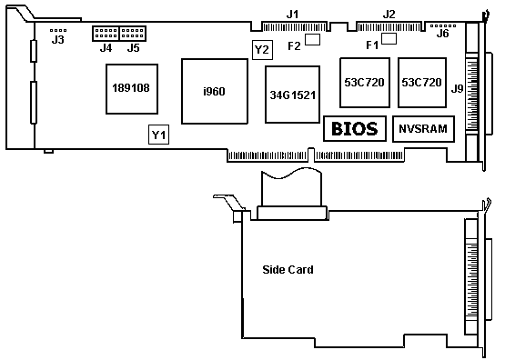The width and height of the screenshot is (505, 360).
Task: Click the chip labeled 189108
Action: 132,89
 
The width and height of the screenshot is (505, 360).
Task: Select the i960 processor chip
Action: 215,91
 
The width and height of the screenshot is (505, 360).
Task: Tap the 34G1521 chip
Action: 292,95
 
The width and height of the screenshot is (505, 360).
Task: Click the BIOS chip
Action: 355,129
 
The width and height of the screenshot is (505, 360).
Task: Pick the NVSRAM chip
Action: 423,129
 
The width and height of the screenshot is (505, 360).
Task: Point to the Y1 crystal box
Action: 158,135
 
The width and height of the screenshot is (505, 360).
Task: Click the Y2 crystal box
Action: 262,50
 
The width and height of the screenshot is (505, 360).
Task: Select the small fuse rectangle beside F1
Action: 389,38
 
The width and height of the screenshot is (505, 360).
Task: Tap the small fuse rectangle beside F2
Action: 312,40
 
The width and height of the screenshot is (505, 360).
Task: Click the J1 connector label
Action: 292,15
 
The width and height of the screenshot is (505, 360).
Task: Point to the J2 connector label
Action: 389,15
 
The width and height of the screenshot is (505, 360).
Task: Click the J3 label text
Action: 58,40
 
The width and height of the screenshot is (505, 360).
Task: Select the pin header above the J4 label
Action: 106,34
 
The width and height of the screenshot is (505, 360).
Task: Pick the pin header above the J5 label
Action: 133,34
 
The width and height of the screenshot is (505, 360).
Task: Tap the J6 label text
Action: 442,33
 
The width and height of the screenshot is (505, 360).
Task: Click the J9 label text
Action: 457,88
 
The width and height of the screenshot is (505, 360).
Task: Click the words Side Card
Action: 288,270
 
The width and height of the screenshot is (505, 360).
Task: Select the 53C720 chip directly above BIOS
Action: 365,83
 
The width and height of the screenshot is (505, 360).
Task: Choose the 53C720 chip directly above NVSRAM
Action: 422,83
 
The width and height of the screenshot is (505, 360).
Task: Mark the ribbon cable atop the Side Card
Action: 292,187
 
